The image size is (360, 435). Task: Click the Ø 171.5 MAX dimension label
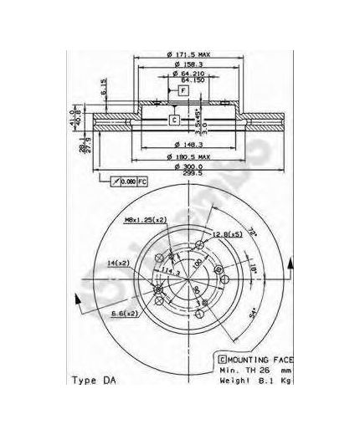187,54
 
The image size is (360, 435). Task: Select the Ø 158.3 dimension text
187,64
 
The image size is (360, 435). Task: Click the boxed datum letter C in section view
174,120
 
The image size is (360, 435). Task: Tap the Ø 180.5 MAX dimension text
187,157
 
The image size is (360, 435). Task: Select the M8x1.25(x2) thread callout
147,220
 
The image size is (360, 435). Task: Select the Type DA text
99,381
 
